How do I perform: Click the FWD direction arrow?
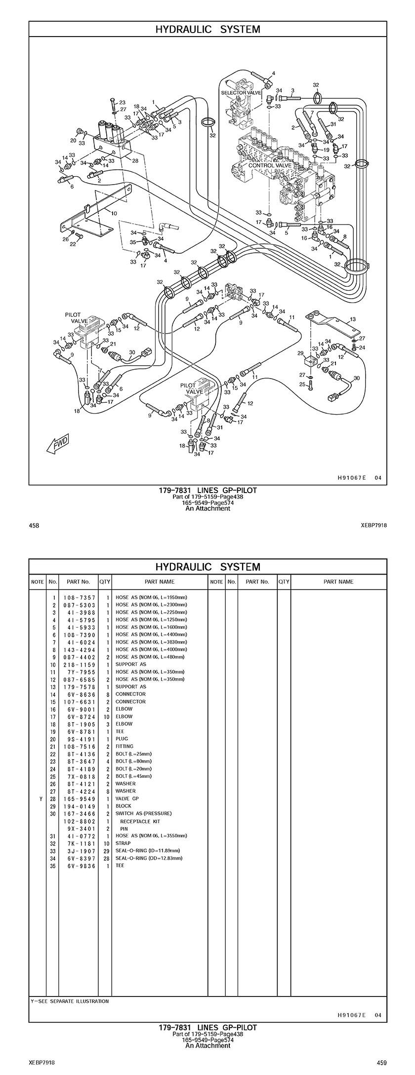57,444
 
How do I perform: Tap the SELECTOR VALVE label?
241,93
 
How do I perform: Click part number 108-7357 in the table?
79,597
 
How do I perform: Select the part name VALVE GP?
127,799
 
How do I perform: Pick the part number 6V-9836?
79,866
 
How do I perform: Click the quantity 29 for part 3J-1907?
105,851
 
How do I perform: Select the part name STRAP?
123,844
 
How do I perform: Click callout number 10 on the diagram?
114,214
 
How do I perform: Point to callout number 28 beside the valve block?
135,160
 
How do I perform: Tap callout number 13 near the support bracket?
352,320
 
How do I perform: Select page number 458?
34,525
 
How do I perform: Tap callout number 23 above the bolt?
122,103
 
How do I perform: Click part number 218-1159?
79,664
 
